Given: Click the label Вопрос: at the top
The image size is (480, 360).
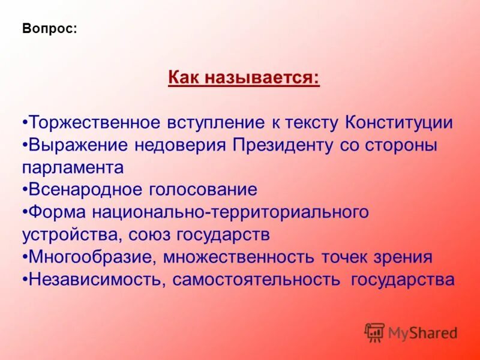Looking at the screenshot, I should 49,29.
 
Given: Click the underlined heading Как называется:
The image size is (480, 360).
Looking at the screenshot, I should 244,77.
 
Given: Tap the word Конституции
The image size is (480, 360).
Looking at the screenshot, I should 399,123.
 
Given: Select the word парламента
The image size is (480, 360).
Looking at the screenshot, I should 73,167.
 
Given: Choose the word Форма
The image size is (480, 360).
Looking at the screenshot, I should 56,212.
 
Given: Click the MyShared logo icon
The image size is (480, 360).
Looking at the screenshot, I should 374,332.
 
